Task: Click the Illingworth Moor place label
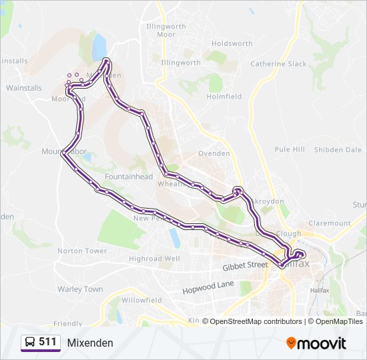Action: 161,30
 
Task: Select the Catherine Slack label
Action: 278,64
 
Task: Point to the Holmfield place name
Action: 224,97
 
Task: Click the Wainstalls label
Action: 23,87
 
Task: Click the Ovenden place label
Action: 215,153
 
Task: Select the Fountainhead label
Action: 129,177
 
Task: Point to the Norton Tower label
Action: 82,251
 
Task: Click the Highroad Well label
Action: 154,259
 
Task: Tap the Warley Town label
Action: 80,289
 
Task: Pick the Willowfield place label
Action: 141,300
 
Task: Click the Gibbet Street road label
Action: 245,265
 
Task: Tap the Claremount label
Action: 330,223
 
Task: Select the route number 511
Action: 47,342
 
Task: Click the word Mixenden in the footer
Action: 90,343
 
